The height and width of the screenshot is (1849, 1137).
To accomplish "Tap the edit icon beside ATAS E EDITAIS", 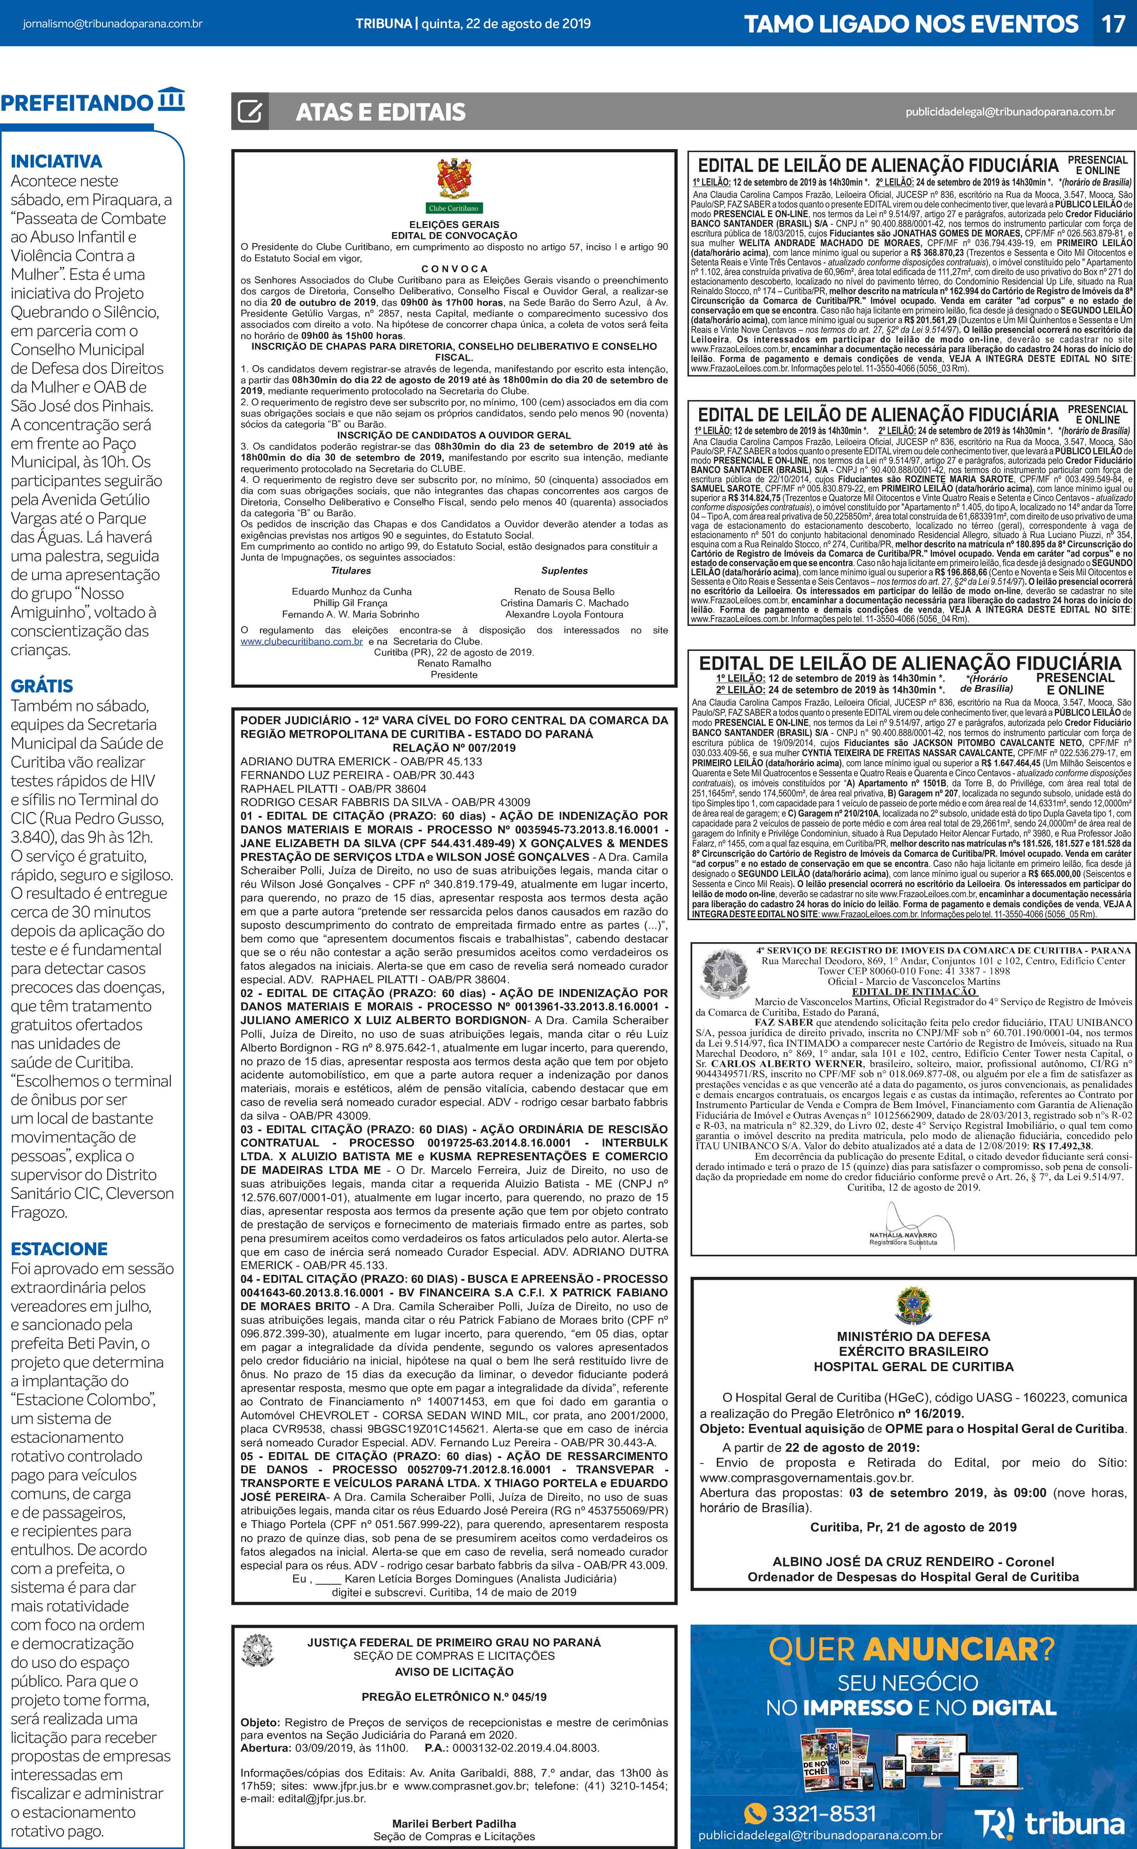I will coord(250,112).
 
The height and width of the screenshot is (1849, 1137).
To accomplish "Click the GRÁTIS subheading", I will coord(42,686).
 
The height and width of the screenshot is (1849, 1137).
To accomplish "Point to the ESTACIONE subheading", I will coord(59,1249).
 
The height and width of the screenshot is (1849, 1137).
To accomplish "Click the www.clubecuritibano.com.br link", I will coord(302,642).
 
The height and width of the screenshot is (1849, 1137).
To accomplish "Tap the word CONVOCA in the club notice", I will coord(454,269).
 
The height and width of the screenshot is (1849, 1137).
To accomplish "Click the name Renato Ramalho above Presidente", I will coord(454,663).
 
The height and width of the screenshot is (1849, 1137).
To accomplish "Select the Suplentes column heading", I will coord(564,571).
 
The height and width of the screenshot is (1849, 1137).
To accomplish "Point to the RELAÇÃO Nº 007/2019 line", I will coord(454,748).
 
